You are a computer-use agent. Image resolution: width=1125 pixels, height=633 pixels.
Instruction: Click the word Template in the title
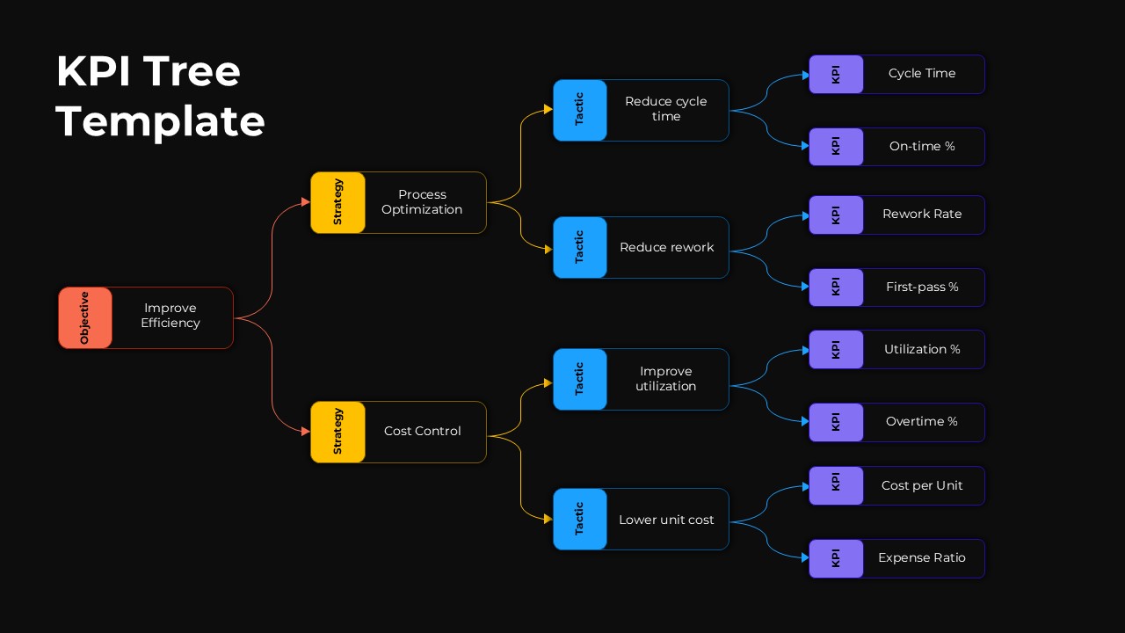(x=160, y=120)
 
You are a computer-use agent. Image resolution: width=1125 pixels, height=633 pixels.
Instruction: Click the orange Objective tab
(x=85, y=317)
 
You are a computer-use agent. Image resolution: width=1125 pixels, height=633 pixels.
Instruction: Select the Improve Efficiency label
(x=171, y=316)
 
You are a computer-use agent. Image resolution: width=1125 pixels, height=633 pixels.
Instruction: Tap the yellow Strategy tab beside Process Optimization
(x=337, y=202)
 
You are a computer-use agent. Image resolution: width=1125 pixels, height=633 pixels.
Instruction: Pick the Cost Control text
(x=422, y=431)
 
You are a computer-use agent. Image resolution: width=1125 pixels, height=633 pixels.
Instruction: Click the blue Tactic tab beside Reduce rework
(x=580, y=247)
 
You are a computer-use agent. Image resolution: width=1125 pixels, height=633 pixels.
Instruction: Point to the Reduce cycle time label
(x=665, y=109)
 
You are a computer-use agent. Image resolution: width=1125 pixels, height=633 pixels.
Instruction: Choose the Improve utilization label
(x=665, y=379)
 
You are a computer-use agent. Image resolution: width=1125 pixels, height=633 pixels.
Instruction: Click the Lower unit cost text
(x=666, y=520)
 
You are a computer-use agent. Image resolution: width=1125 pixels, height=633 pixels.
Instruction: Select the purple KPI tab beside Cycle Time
(x=836, y=74)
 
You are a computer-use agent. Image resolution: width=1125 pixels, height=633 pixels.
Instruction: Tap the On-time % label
(x=922, y=147)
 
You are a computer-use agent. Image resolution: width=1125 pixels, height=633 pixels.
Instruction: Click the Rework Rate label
(x=922, y=215)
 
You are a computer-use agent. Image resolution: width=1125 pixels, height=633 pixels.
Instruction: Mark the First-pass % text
(x=922, y=287)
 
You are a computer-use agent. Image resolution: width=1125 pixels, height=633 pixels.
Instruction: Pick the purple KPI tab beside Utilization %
(x=836, y=349)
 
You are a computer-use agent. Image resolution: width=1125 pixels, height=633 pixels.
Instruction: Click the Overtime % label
(x=922, y=422)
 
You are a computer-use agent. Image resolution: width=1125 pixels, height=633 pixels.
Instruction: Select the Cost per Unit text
(x=922, y=485)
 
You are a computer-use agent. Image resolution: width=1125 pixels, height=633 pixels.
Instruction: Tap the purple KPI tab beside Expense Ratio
(x=836, y=558)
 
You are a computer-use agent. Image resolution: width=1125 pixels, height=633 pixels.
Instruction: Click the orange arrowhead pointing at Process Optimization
(x=305, y=202)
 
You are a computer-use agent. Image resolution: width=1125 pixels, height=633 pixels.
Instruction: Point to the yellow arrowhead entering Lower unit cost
(x=548, y=519)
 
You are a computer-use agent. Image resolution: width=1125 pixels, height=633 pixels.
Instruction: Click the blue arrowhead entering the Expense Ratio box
(x=804, y=557)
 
